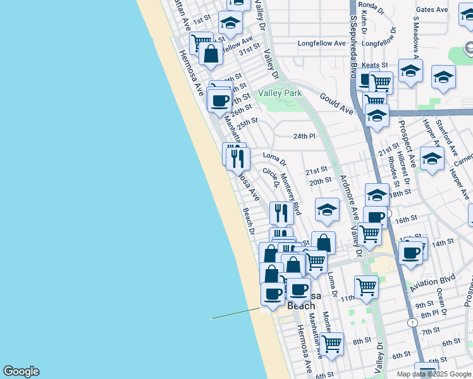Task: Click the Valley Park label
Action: pos(279,93)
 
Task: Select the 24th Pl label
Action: pos(304,136)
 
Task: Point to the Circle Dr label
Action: pos(271,178)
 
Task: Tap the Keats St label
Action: pos(375,65)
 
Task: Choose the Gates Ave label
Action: pos(432,9)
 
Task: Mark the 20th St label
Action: pos(320,181)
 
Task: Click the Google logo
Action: pos(21,371)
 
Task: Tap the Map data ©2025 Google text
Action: pos(434,374)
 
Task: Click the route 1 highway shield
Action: pos(413,322)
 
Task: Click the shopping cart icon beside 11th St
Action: pos(366,287)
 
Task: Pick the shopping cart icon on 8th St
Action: pos(331,344)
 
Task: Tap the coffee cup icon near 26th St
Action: pos(220,100)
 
